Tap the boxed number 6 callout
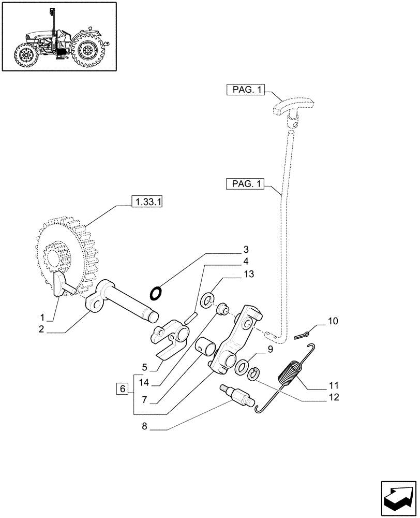(x=122, y=388)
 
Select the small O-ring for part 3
(x=155, y=294)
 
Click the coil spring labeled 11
(x=290, y=375)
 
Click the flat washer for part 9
(x=242, y=368)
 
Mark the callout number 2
(x=41, y=328)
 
